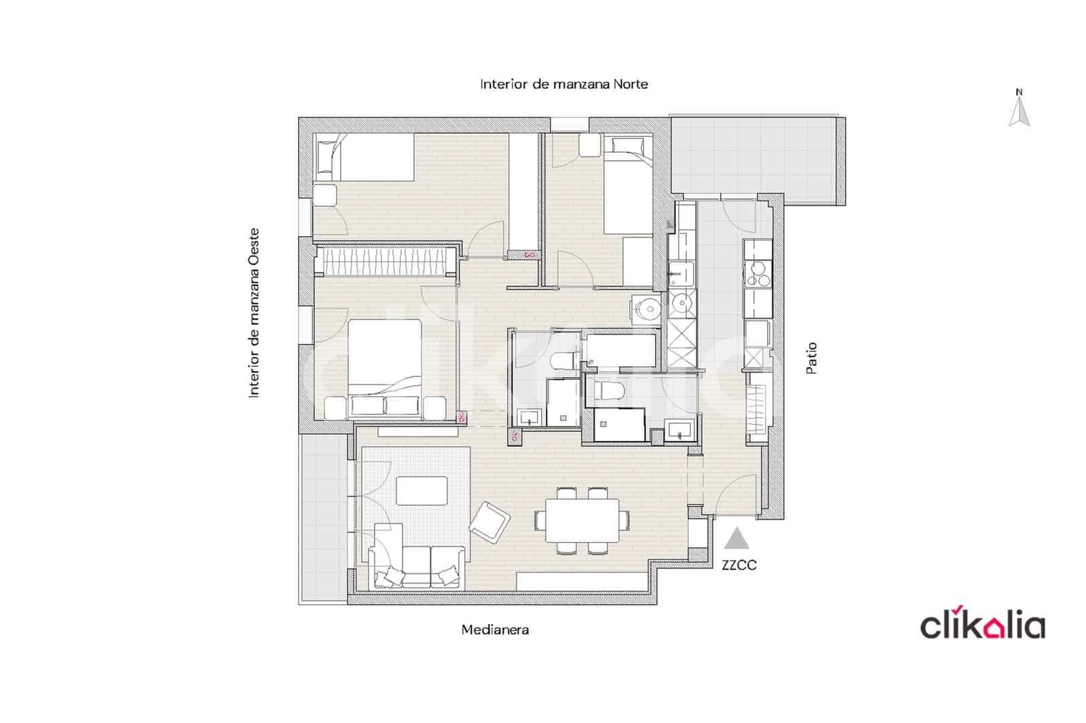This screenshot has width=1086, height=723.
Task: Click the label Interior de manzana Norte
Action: pyautogui.click(x=563, y=84)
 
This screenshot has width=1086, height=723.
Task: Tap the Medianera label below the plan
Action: pyautogui.click(x=495, y=629)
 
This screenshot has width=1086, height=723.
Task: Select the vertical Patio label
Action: pyautogui.click(x=811, y=357)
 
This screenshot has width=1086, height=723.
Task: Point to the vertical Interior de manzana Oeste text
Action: pyautogui.click(x=254, y=313)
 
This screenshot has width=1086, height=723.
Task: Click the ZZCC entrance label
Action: pyautogui.click(x=738, y=565)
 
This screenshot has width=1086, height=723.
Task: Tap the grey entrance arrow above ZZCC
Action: pyautogui.click(x=736, y=539)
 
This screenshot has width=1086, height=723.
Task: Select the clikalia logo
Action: pyautogui.click(x=981, y=625)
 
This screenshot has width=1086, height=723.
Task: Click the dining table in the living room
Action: pyautogui.click(x=582, y=520)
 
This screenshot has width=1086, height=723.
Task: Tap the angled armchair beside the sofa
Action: pyautogui.click(x=489, y=522)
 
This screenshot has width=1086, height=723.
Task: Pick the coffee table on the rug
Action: pyautogui.click(x=422, y=490)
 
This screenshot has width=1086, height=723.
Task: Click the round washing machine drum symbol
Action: pyautogui.click(x=649, y=309)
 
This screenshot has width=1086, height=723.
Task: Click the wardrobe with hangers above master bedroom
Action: pyautogui.click(x=389, y=262)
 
